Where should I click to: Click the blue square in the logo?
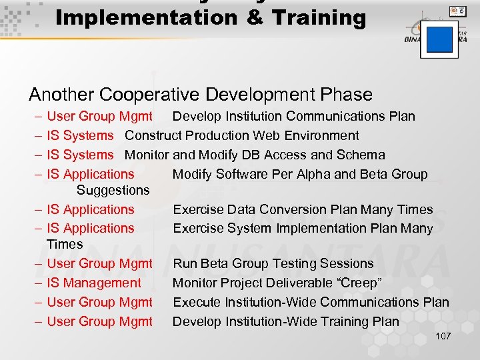tap(439, 39)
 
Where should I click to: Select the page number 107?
tap(443, 336)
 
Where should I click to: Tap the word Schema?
tap(360, 155)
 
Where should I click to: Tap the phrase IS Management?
tap(94, 283)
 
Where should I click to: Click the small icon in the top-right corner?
tap(457, 11)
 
